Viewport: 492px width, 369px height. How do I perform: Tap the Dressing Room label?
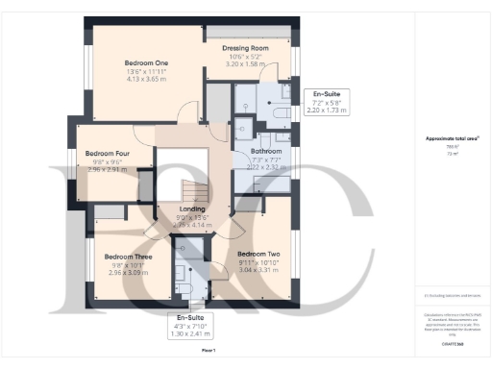coord(245,47)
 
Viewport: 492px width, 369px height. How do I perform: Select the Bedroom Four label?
coord(107,153)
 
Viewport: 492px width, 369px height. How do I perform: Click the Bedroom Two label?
coord(258,254)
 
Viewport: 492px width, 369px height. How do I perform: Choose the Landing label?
coord(185,208)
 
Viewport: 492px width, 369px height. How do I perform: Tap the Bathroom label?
coord(266,152)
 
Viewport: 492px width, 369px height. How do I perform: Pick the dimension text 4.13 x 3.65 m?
coord(147,79)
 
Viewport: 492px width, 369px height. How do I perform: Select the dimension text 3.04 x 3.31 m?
coord(258,271)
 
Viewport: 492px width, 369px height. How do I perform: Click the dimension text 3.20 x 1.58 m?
coord(245,62)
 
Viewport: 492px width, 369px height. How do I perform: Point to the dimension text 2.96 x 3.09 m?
coord(127,273)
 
